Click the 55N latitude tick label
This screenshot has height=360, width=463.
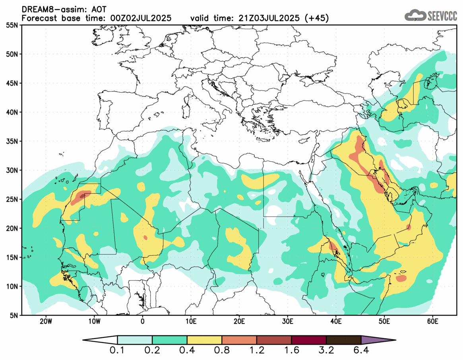coord(12,25)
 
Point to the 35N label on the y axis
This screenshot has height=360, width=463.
coord(12,141)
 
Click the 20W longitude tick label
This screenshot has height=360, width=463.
coord(45,321)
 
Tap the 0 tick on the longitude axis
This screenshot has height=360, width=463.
coord(142,321)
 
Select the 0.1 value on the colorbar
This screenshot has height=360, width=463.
coord(118,351)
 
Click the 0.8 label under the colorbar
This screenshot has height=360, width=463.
coord(222,351)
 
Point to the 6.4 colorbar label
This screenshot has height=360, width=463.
coord(361,351)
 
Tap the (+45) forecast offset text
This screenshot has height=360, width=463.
coord(316,18)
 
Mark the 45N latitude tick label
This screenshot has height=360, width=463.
coord(12,83)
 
